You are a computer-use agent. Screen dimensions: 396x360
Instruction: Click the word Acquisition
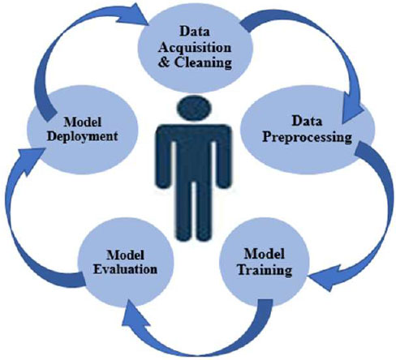tap(195, 49)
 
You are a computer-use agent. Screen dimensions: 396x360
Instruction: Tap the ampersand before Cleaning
tap(164, 62)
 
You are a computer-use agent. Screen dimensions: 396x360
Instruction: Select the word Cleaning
tap(203, 62)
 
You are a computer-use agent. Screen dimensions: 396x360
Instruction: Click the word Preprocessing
tap(308, 137)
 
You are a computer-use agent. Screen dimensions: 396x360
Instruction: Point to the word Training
tap(265, 270)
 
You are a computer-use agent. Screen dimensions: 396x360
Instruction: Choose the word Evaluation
tap(125, 269)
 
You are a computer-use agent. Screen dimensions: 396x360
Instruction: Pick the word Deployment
tap(83, 136)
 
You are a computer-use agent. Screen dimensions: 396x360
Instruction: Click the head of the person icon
tap(193, 109)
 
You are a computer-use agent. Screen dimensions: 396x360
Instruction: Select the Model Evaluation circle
tap(125, 263)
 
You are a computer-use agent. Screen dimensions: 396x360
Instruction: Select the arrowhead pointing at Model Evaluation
tap(134, 315)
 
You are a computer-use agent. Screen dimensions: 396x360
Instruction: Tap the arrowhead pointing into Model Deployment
tap(30, 160)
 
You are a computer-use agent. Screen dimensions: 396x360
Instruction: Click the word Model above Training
tap(265, 254)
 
